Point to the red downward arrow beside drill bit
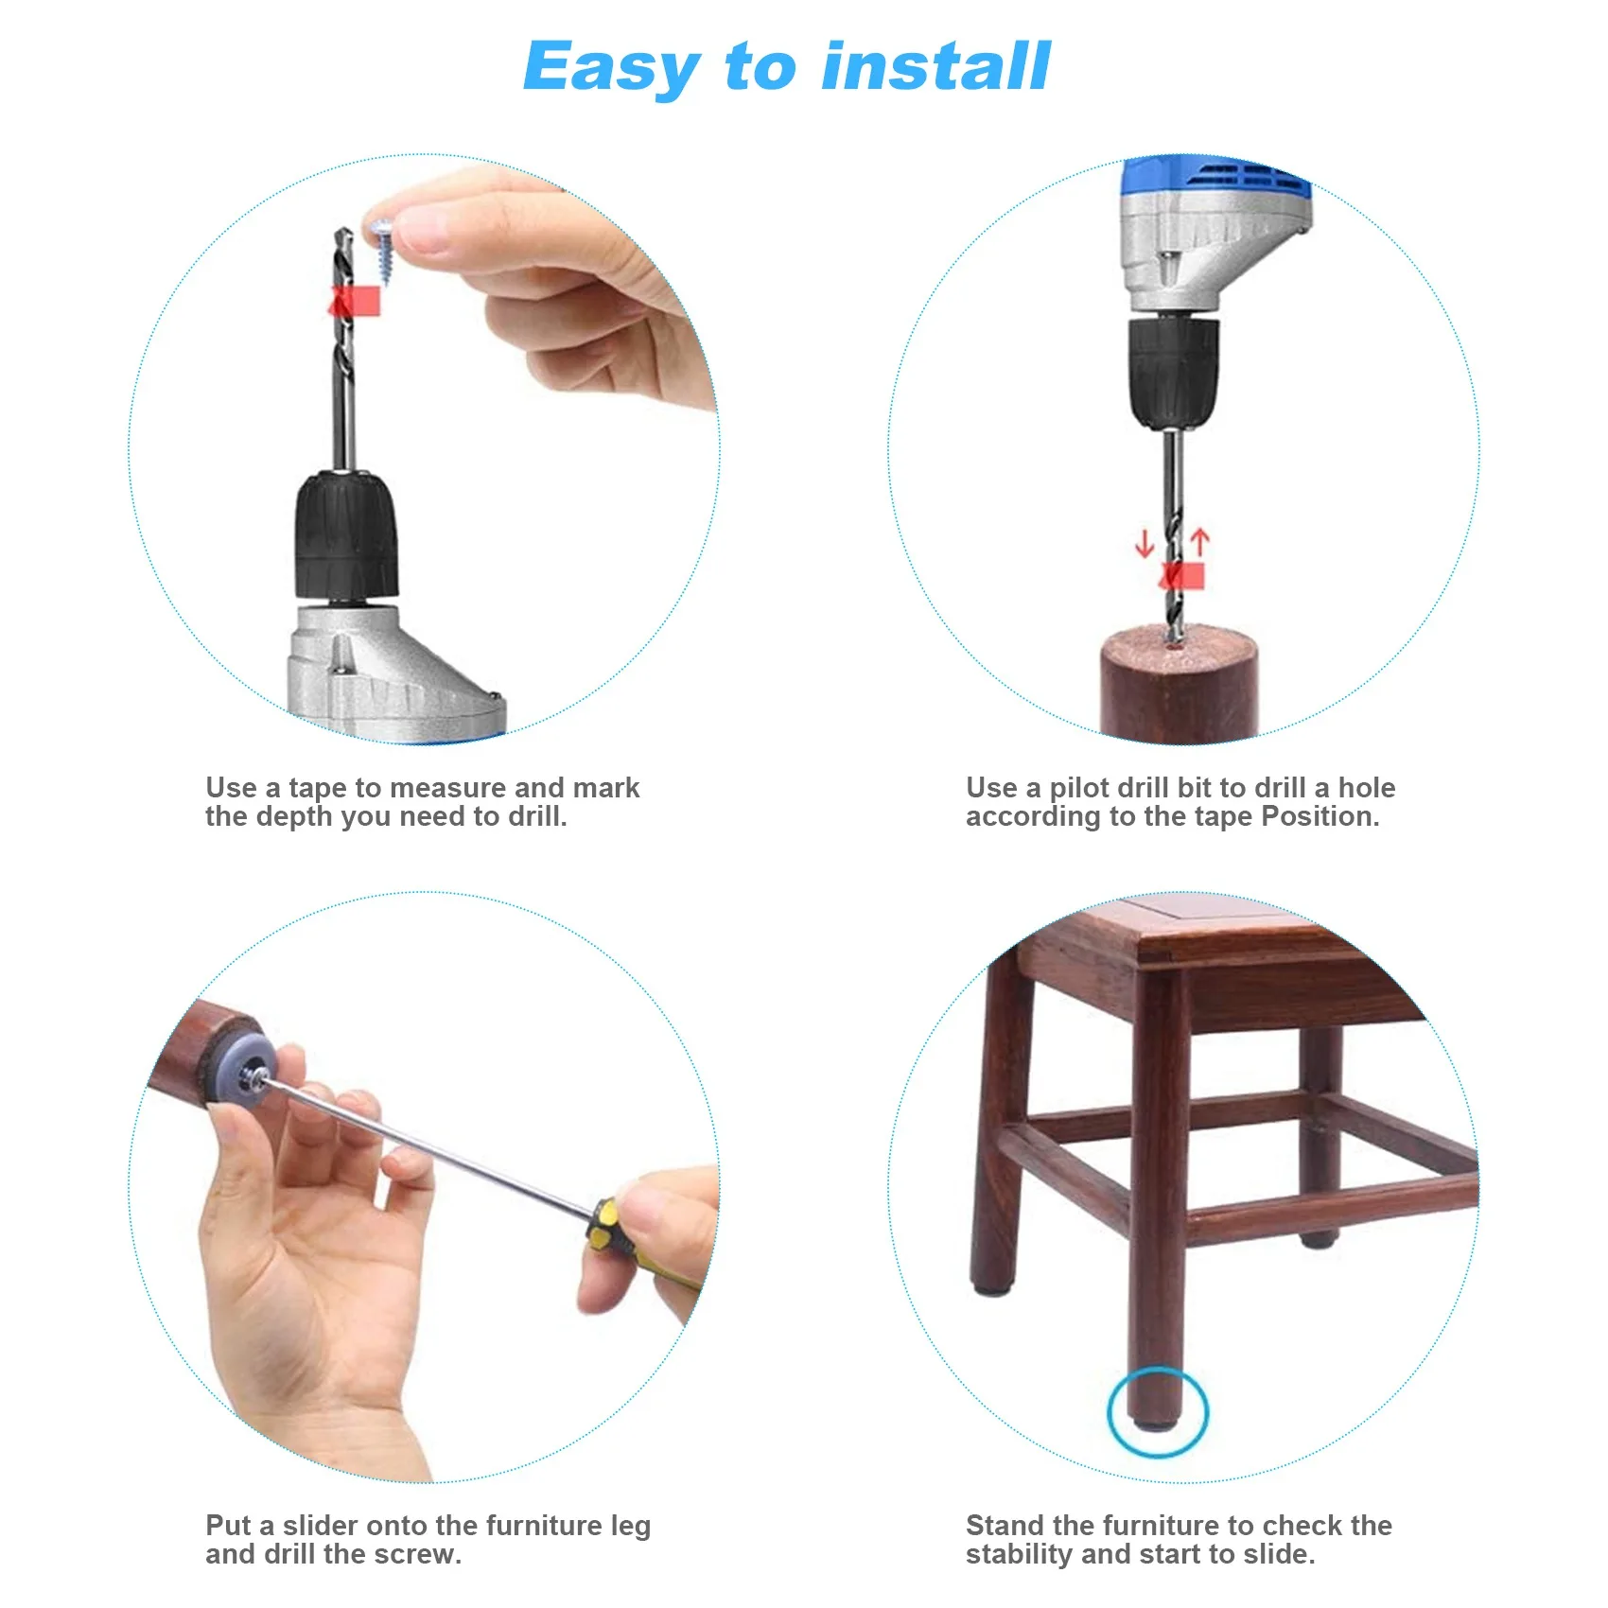coord(1145,544)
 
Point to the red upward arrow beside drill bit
coord(1200,542)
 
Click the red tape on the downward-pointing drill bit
coord(1182,575)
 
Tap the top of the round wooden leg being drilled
coord(1179,653)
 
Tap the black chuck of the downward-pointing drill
coord(1173,371)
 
